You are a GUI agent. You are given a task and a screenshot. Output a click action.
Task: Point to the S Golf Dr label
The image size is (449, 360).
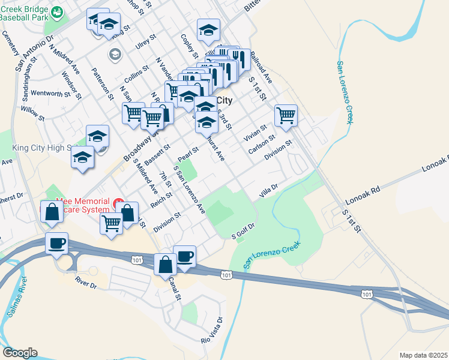coord(244,231)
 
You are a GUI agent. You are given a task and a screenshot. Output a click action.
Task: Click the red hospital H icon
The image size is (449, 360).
coord(119,201)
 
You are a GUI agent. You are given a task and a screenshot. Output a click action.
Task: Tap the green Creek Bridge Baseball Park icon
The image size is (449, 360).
coord(58,11)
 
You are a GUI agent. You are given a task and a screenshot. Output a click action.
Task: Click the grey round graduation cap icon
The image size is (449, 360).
coord(115,55)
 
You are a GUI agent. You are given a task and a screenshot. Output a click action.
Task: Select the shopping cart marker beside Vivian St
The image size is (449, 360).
coord(286,115)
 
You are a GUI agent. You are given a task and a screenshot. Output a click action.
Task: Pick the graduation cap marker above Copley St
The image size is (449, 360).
coord(208,30)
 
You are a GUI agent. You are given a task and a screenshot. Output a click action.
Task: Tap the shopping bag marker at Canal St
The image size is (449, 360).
coord(165,264)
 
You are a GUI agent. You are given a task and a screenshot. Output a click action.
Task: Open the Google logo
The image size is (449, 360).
coord(20,353)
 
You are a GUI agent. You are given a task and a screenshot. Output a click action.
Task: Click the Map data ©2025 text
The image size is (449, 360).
coord(423,355)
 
